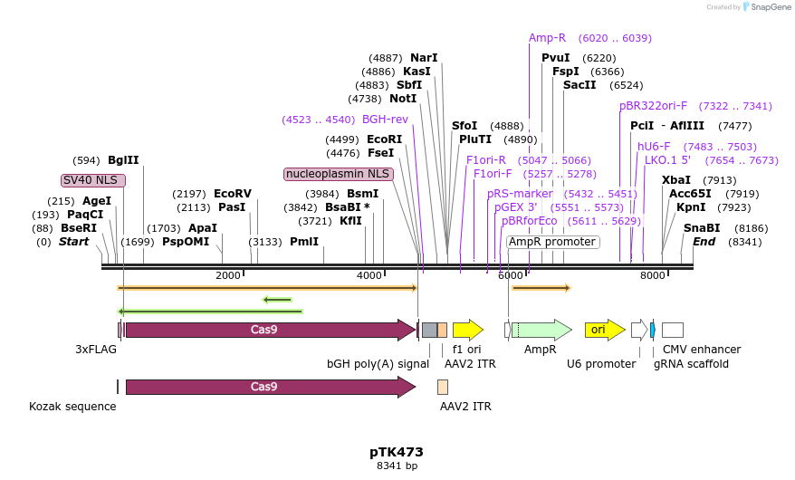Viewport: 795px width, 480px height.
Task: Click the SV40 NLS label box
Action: pyautogui.click(x=92, y=180)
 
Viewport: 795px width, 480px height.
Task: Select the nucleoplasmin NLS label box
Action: pyautogui.click(x=338, y=174)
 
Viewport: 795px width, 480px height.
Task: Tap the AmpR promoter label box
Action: pyautogui.click(x=552, y=242)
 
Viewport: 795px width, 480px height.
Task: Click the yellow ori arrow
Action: pyautogui.click(x=605, y=330)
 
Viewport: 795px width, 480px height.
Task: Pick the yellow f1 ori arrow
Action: pyautogui.click(x=468, y=330)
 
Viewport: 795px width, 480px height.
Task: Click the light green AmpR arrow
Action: pyautogui.click(x=541, y=330)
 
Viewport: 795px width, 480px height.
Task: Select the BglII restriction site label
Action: pyautogui.click(x=123, y=160)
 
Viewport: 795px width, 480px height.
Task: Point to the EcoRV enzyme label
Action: pyautogui.click(x=233, y=194)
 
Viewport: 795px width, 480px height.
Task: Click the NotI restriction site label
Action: pyautogui.click(x=403, y=99)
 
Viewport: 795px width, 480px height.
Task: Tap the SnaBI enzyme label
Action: pyautogui.click(x=702, y=228)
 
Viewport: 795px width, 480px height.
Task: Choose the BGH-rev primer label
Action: pyautogui.click(x=385, y=120)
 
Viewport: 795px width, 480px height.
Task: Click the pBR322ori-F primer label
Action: pyautogui.click(x=653, y=106)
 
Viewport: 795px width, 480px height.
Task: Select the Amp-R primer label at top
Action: pyautogui.click(x=547, y=38)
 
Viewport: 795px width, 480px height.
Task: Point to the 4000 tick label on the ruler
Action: pyautogui.click(x=369, y=275)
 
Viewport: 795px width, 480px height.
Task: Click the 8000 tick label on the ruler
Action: pyautogui.click(x=653, y=275)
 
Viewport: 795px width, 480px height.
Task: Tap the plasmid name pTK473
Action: pyautogui.click(x=397, y=452)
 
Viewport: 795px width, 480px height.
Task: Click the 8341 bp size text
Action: pyautogui.click(x=397, y=466)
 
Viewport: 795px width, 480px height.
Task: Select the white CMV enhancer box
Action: pyautogui.click(x=673, y=330)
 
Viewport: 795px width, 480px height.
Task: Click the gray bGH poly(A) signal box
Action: pyautogui.click(x=430, y=330)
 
